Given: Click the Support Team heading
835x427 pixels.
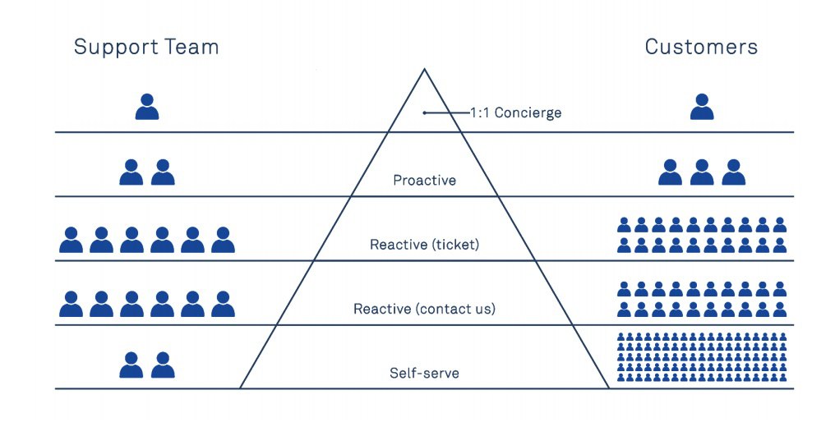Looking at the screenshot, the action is coord(146,48).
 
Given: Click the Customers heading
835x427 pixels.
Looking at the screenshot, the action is coord(701,47).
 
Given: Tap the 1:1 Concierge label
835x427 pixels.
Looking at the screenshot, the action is coord(515,113).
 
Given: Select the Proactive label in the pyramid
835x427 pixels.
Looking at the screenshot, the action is coord(424,181).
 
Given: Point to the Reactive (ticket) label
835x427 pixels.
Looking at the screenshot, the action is coord(424,245).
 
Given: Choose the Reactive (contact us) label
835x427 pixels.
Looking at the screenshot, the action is coord(424,309).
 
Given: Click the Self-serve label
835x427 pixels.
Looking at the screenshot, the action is coord(424,373).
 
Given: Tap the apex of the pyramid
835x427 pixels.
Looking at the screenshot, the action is coord(424,69).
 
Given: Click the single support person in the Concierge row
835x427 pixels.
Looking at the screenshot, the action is coord(147,107).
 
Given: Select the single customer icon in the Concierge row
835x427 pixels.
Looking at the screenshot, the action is coord(702,107).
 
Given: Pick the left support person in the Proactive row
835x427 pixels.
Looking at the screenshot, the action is coord(131,172).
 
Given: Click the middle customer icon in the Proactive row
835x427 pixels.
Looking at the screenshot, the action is coord(702,172).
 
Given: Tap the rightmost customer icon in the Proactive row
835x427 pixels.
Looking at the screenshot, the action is coord(734,172).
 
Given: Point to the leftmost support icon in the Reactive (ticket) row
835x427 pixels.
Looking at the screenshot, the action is coord(71,240).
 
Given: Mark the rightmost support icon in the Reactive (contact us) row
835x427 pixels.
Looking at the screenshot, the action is coord(223,304).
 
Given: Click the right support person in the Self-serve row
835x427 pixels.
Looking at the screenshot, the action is coord(163,365).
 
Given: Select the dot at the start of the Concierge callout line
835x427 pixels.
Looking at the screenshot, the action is coord(424,112).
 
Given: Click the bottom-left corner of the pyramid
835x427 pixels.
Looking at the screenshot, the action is coord(240,388).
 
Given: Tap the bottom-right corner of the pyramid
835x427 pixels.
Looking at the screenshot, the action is coord(609,388).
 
